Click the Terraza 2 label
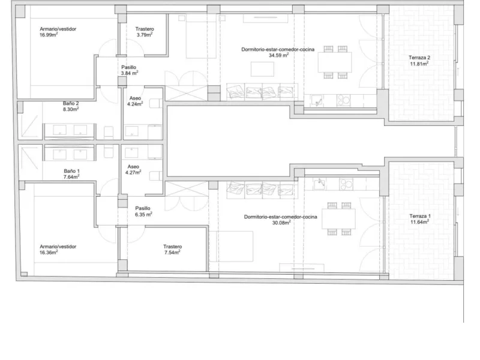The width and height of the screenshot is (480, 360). (x=419, y=61)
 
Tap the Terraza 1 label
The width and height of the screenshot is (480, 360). (x=419, y=219)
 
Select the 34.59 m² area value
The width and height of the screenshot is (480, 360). (x=278, y=55)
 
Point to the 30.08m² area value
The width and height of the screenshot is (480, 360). (x=281, y=223)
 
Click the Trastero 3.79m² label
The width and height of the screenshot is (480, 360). (x=145, y=32)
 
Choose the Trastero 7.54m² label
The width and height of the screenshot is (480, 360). (x=172, y=250)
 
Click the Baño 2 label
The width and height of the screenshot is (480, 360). (x=71, y=106)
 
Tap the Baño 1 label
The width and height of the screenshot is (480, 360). (x=71, y=174)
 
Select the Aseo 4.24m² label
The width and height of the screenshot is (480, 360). (x=135, y=101)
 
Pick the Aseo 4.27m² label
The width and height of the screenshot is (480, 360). (x=133, y=170)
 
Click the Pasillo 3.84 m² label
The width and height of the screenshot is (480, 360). (x=129, y=70)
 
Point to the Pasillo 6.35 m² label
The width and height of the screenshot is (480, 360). (x=143, y=211)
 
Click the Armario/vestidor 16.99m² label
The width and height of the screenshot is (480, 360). (x=58, y=32)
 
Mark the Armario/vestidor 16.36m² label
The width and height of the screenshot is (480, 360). (x=58, y=250)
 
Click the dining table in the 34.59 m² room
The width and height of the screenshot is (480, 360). (x=335, y=62)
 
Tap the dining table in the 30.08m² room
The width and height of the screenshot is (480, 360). (x=338, y=219)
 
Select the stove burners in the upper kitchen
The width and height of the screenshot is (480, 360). (x=343, y=100)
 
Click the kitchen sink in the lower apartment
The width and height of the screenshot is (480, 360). (x=319, y=184)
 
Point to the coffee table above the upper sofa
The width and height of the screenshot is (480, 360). (x=262, y=69)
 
